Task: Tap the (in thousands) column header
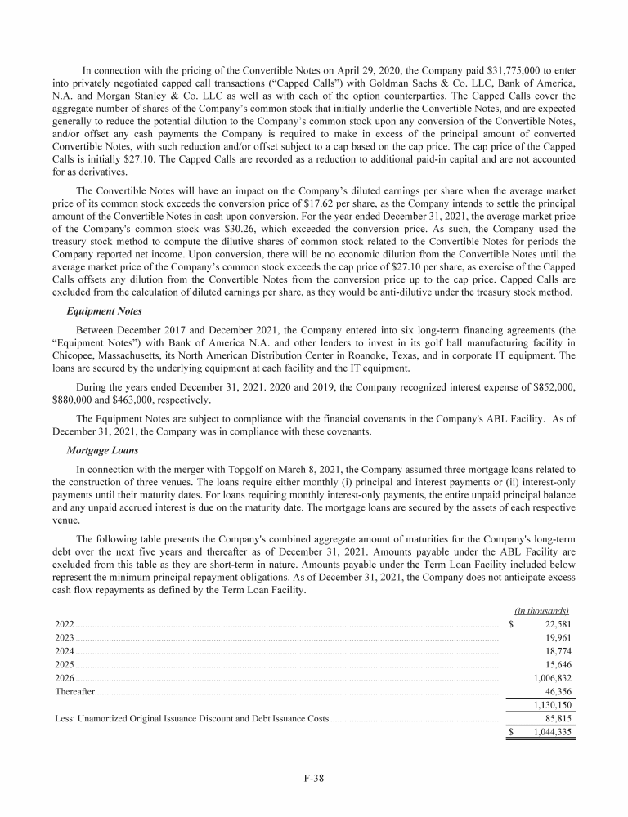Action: pyautogui.click(x=542, y=610)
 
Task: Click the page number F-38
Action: pyautogui.click(x=314, y=778)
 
